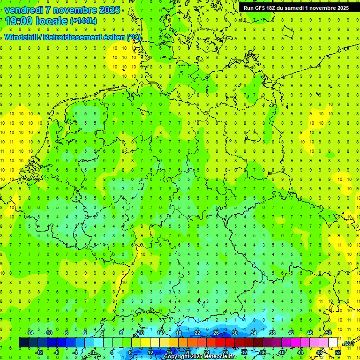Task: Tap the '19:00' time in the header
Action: pyautogui.click(x=18, y=21)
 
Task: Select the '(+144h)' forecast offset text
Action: pyautogui.click(x=83, y=21)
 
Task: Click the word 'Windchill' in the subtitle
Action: pyautogui.click(x=21, y=37)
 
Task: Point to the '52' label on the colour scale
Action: pyautogui.click(x=337, y=352)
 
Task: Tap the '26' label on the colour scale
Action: pyautogui.click(x=216, y=333)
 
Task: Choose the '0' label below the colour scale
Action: pyautogui.click(x=93, y=352)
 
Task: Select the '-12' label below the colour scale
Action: pyautogui.click(x=39, y=352)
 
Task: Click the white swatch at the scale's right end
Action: pyautogui.click(x=333, y=343)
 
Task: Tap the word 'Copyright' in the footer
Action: pyautogui.click(x=177, y=357)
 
